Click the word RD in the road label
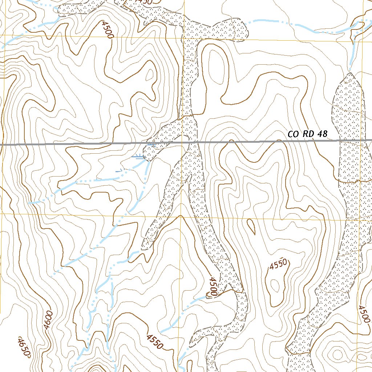pyautogui.click(x=307, y=134)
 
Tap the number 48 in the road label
pyautogui.click(x=322, y=134)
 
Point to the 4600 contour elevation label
pyautogui.click(x=48, y=320)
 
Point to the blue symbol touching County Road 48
pyautogui.click(x=151, y=145)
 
